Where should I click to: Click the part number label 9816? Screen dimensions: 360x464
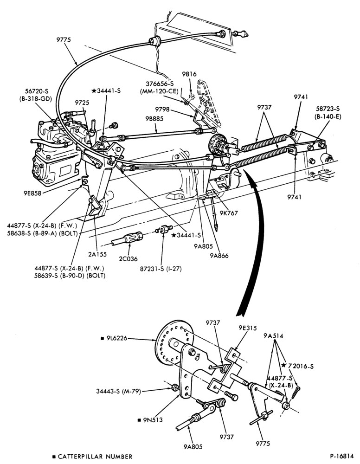pos(189,74)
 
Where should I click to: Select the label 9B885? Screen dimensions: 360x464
pos(154,119)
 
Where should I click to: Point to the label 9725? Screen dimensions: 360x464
pos(82,103)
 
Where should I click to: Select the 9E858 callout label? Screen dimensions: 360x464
pos(32,193)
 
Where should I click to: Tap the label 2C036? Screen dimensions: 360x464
pos(128,259)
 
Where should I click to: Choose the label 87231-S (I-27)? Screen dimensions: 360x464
pos(161,269)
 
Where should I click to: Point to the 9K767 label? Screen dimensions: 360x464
pos(229,213)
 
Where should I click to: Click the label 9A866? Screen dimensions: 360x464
pos(219,255)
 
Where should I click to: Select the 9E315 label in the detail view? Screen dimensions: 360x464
pos(248,328)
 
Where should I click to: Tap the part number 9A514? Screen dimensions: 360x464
pos(273,336)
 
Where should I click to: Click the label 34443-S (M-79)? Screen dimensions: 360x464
pos(118,391)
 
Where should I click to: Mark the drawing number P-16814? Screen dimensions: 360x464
pos(341,456)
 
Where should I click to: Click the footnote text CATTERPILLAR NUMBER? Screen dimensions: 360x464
pos(95,457)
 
